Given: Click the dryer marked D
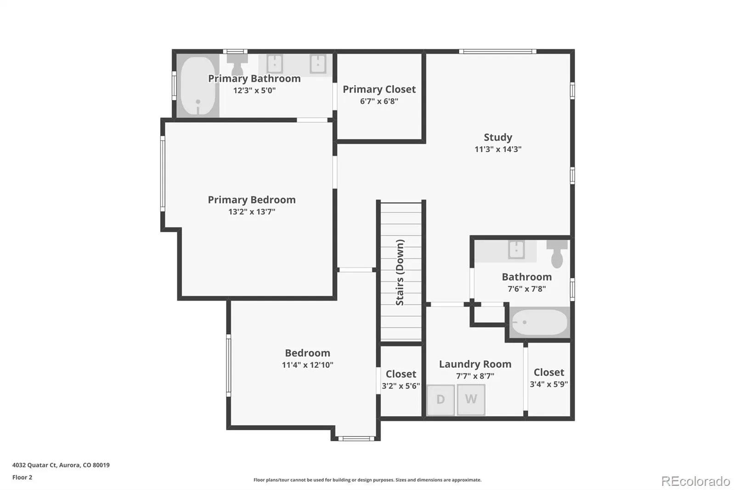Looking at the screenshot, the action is click(441, 400).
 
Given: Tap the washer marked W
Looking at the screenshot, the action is click(471, 400).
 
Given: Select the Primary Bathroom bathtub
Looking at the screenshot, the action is click(198, 85).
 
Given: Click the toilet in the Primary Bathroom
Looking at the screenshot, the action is click(237, 65).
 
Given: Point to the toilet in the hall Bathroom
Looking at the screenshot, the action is click(557, 254).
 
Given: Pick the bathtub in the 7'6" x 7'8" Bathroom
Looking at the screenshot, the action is click(540, 322).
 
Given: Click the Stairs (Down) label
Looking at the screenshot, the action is click(400, 272).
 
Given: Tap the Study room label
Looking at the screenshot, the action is click(498, 137).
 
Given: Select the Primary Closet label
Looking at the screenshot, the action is click(379, 89).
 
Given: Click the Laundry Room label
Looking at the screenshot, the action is click(475, 364).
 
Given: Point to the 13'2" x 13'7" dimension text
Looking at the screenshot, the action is click(252, 211).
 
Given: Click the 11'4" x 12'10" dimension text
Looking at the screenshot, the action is click(307, 365).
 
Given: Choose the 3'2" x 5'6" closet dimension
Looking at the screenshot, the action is click(401, 386).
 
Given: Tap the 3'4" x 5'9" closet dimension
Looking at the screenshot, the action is click(548, 384).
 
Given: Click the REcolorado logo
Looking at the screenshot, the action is click(695, 481).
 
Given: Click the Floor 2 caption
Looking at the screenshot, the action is click(23, 477).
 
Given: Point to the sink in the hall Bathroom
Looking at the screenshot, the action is click(516, 250).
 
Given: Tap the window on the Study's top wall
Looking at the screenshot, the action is click(498, 51).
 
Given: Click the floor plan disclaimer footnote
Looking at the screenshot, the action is click(367, 480).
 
